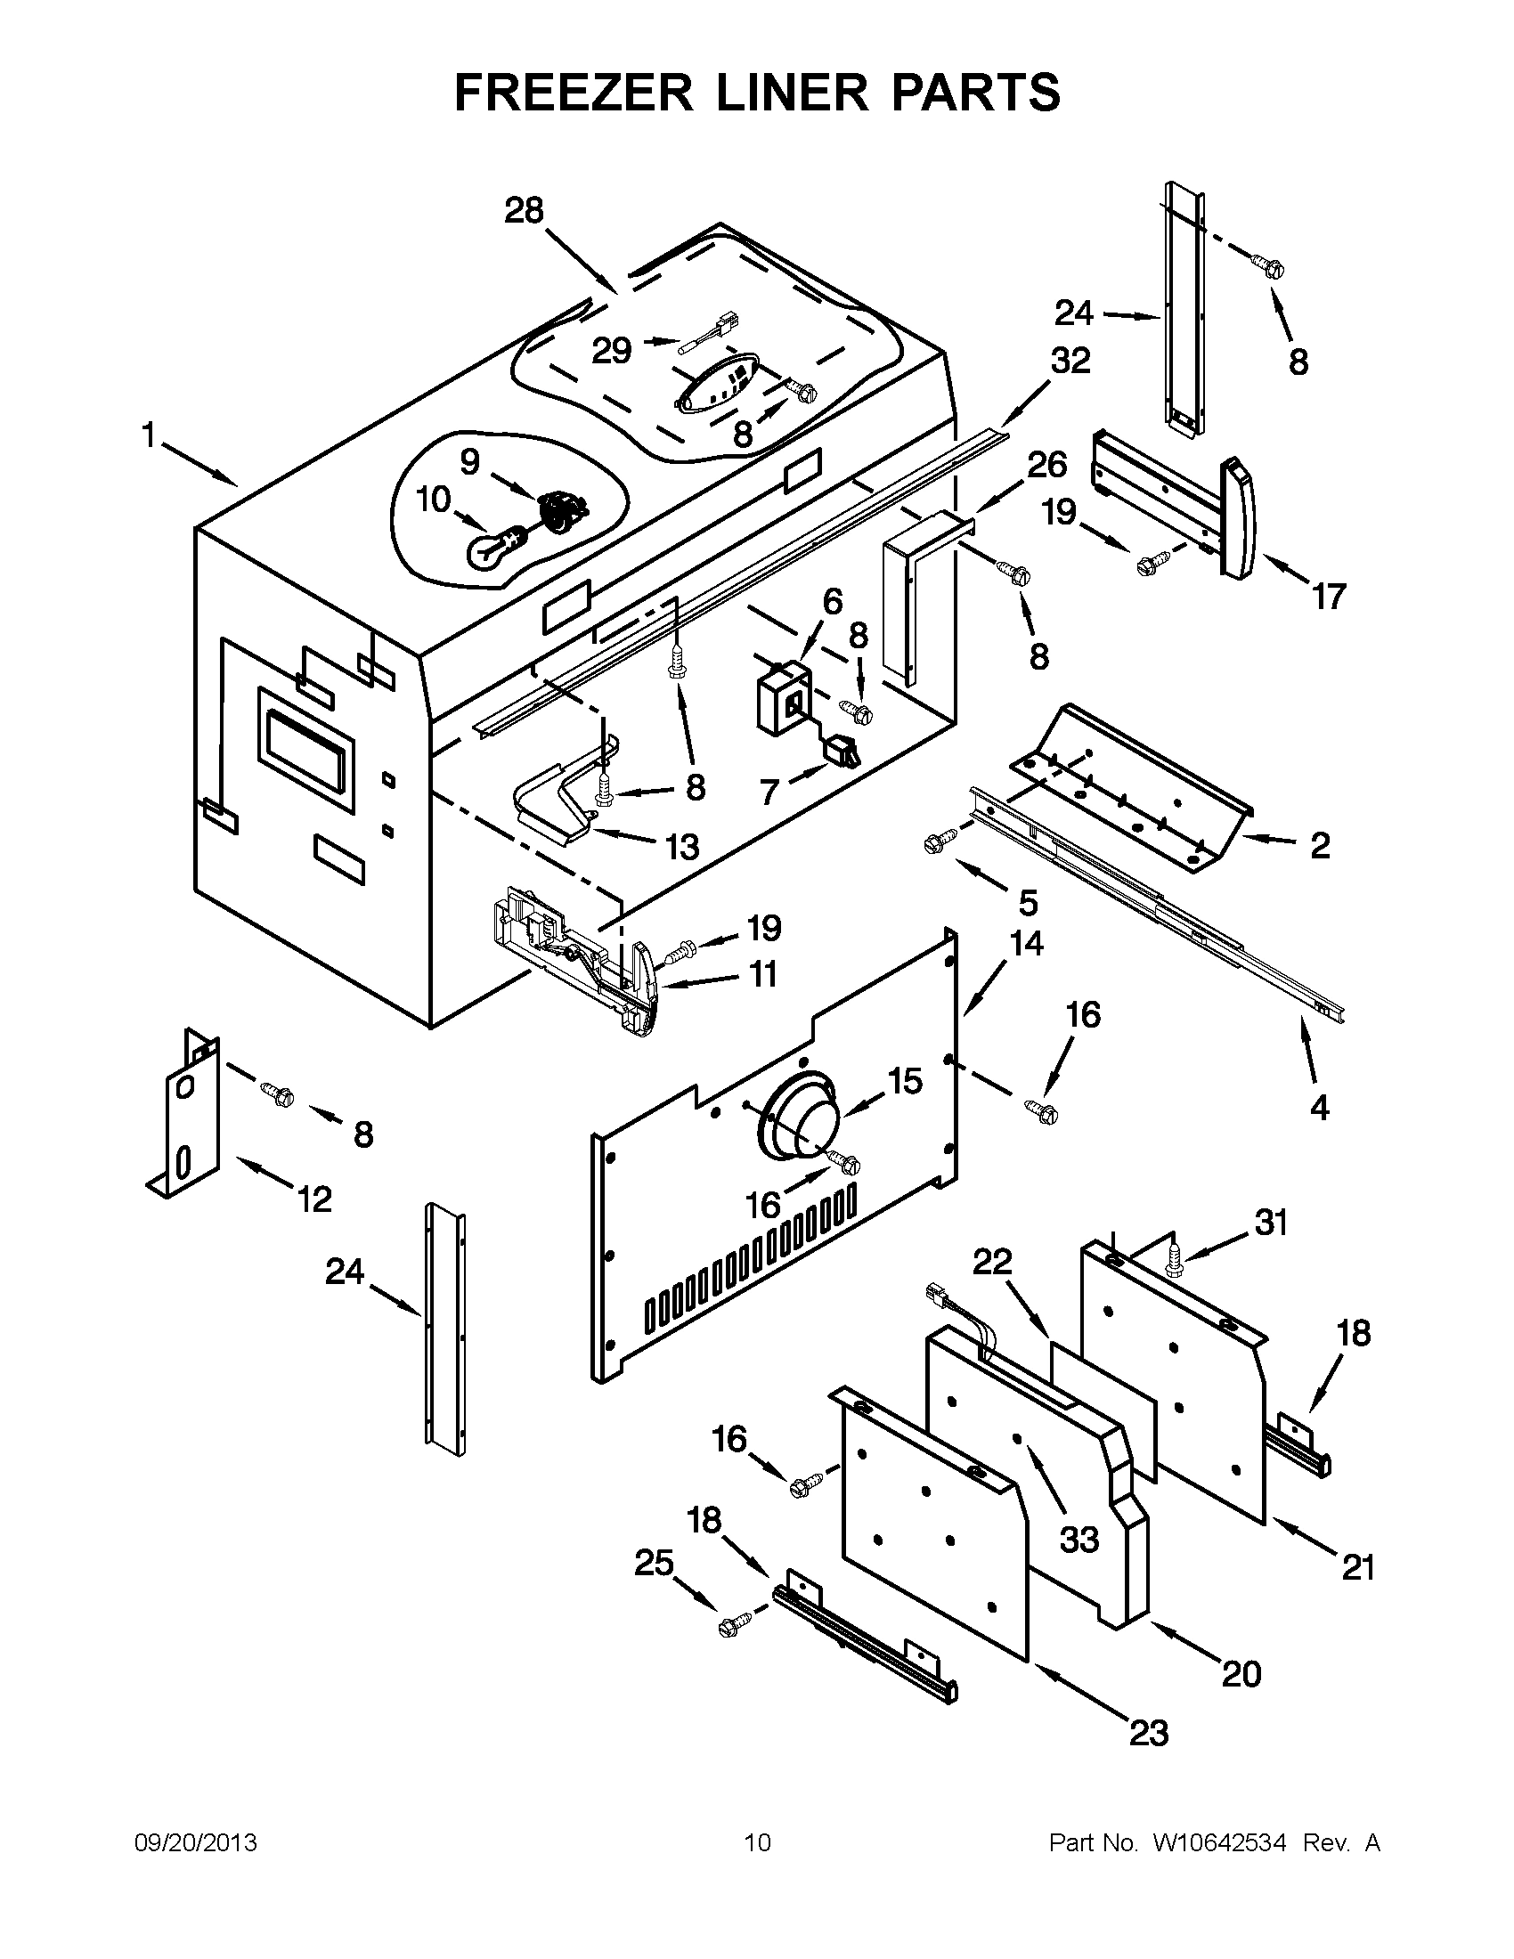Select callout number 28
point(524,211)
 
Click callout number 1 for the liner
point(148,437)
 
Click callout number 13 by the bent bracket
point(682,846)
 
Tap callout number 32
point(1070,361)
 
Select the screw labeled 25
point(733,1625)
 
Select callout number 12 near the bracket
point(313,1199)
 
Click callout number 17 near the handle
point(1329,596)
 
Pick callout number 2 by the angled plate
point(1319,845)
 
